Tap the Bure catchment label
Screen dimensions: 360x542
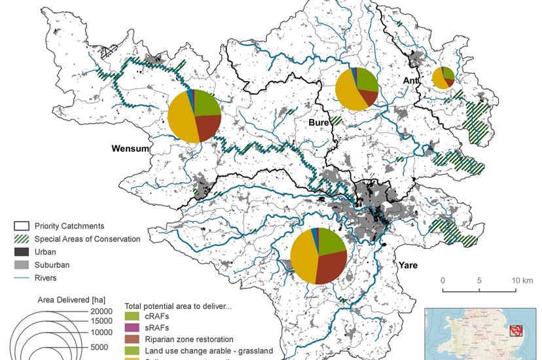point(318,122)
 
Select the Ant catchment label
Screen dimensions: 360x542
point(410,81)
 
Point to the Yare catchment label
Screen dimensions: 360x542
point(406,266)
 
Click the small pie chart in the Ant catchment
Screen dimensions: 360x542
point(443,77)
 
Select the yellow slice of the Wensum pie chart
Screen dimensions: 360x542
point(183,124)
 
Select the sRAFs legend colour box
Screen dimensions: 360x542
point(132,328)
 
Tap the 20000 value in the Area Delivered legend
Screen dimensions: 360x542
point(103,311)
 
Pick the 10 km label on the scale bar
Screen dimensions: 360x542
point(523,281)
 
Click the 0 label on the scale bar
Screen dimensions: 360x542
point(443,281)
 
